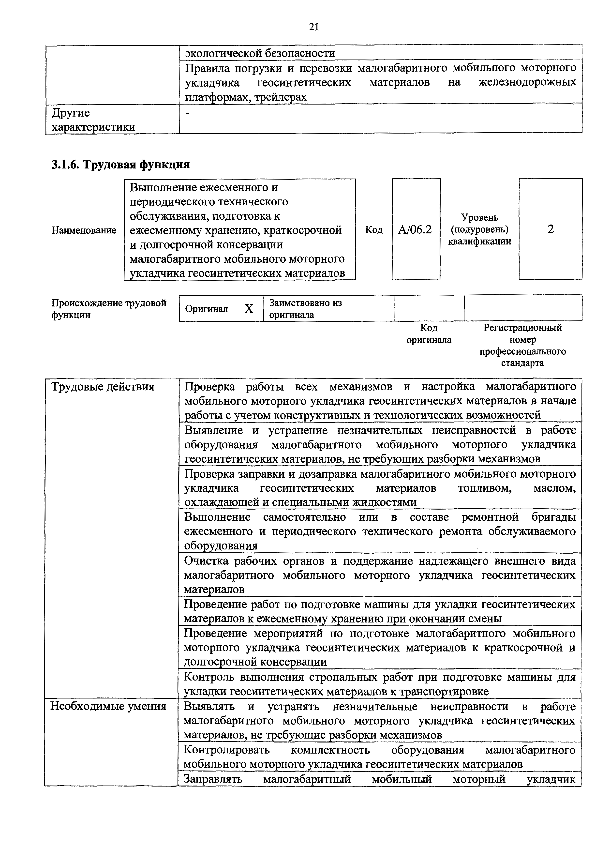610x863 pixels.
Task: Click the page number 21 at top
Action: (314, 27)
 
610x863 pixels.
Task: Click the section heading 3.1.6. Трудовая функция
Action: (120, 164)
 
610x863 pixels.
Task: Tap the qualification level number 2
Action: (550, 229)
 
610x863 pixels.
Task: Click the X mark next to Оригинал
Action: (249, 309)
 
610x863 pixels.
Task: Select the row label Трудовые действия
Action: (103, 387)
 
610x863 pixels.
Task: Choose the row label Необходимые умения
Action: (108, 706)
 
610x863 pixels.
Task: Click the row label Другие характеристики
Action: (93, 120)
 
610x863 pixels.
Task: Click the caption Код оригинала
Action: (429, 334)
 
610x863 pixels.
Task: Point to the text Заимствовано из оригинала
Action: (305, 309)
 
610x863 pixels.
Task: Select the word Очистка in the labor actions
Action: (207, 561)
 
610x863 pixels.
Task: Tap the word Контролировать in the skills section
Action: (227, 750)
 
